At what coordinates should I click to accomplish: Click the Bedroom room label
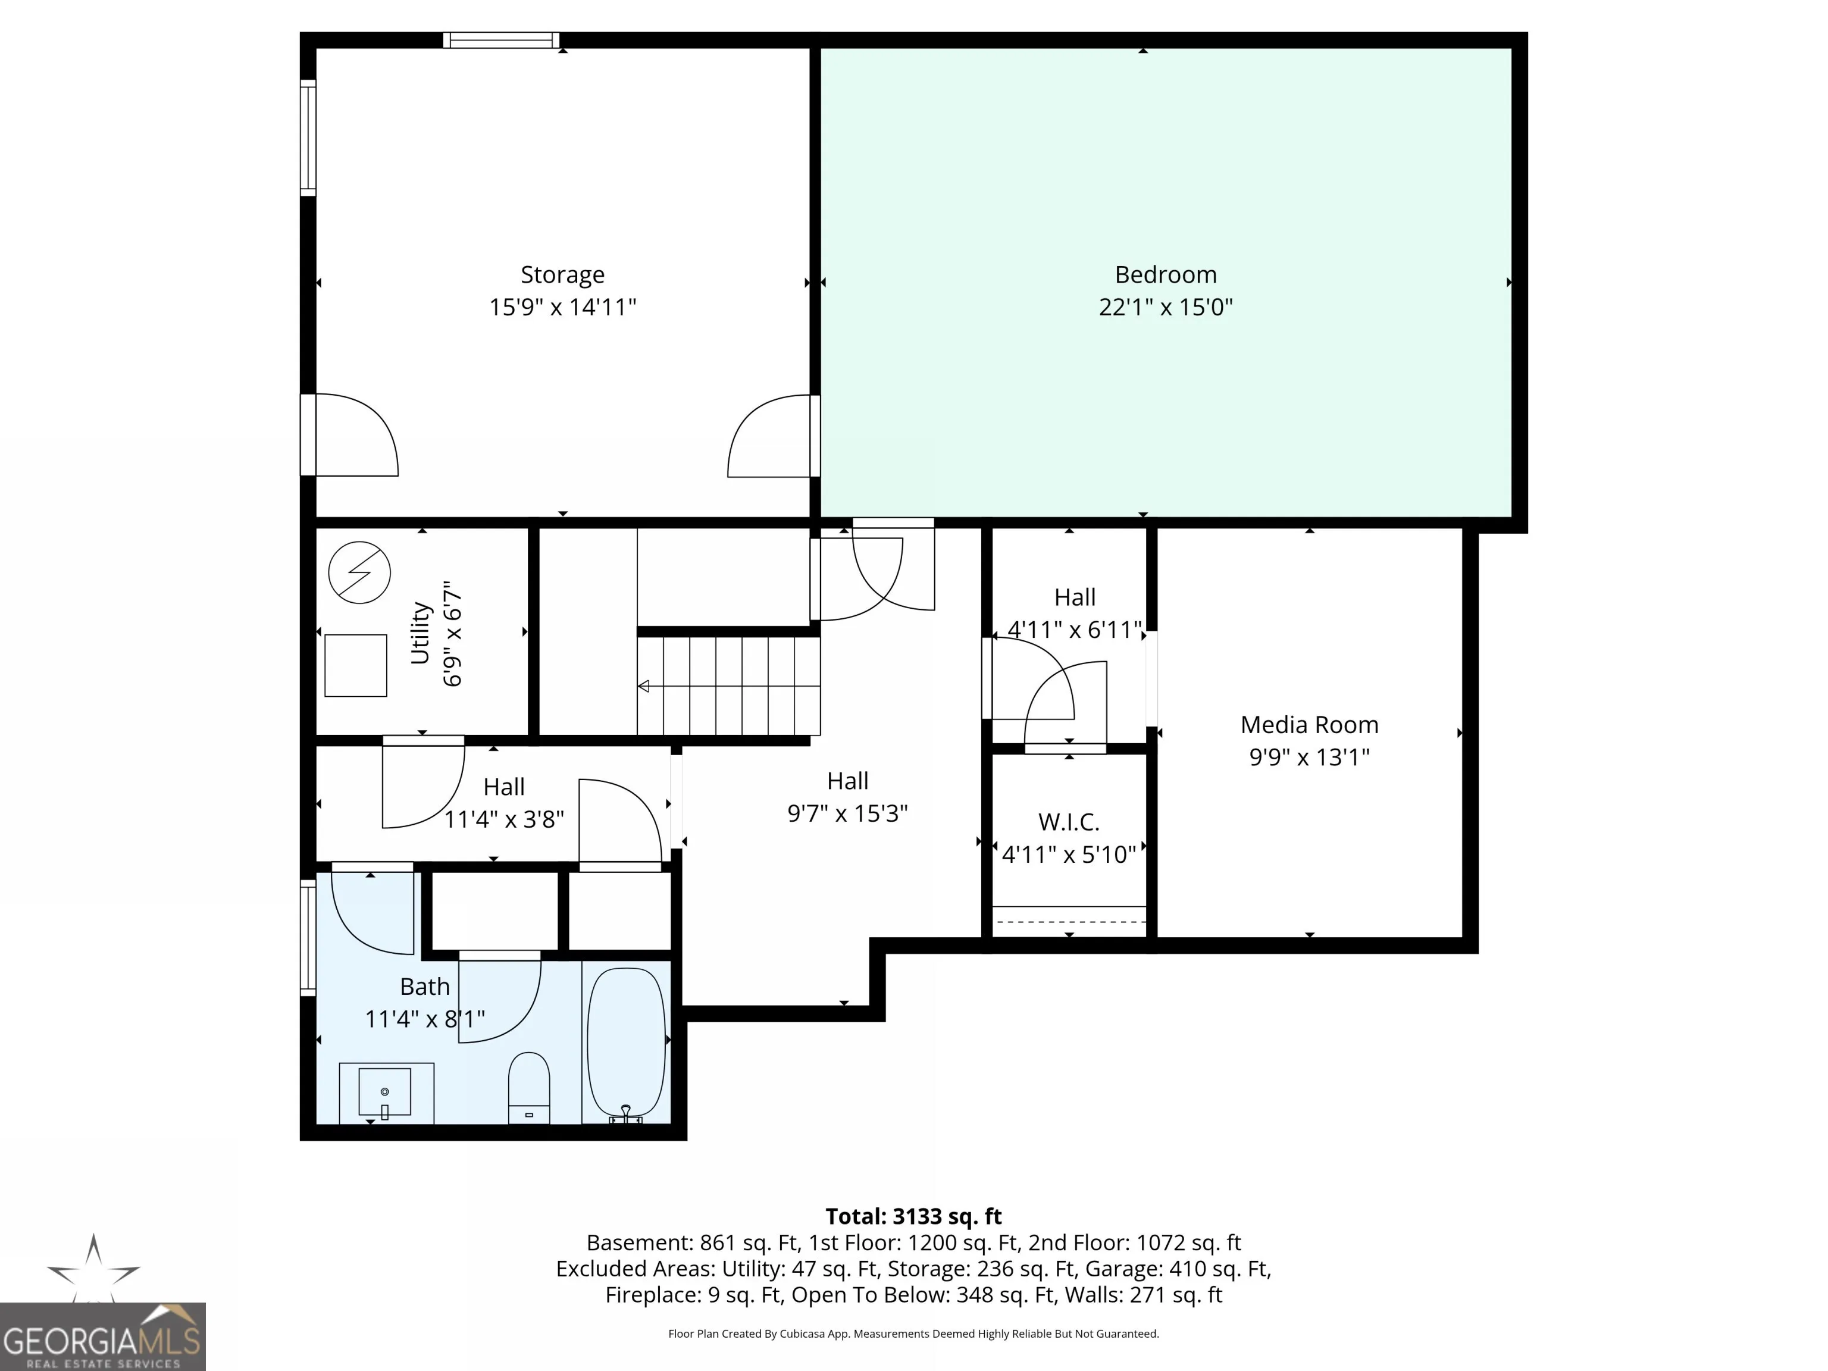tap(1165, 274)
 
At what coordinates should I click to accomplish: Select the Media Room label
tap(1309, 725)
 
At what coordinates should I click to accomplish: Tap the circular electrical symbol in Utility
tap(359, 572)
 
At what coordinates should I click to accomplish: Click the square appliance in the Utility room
tap(355, 665)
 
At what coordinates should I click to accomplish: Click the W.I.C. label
tap(1069, 822)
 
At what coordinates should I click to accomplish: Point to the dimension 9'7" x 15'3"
tap(847, 813)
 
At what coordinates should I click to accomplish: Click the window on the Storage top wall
tap(501, 40)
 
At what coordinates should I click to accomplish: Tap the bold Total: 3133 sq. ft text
tap(913, 1216)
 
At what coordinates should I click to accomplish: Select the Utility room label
tap(420, 633)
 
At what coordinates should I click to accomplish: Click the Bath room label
tap(425, 987)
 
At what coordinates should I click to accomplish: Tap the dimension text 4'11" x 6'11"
tap(1074, 630)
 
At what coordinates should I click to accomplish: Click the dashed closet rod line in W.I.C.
tap(1069, 921)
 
